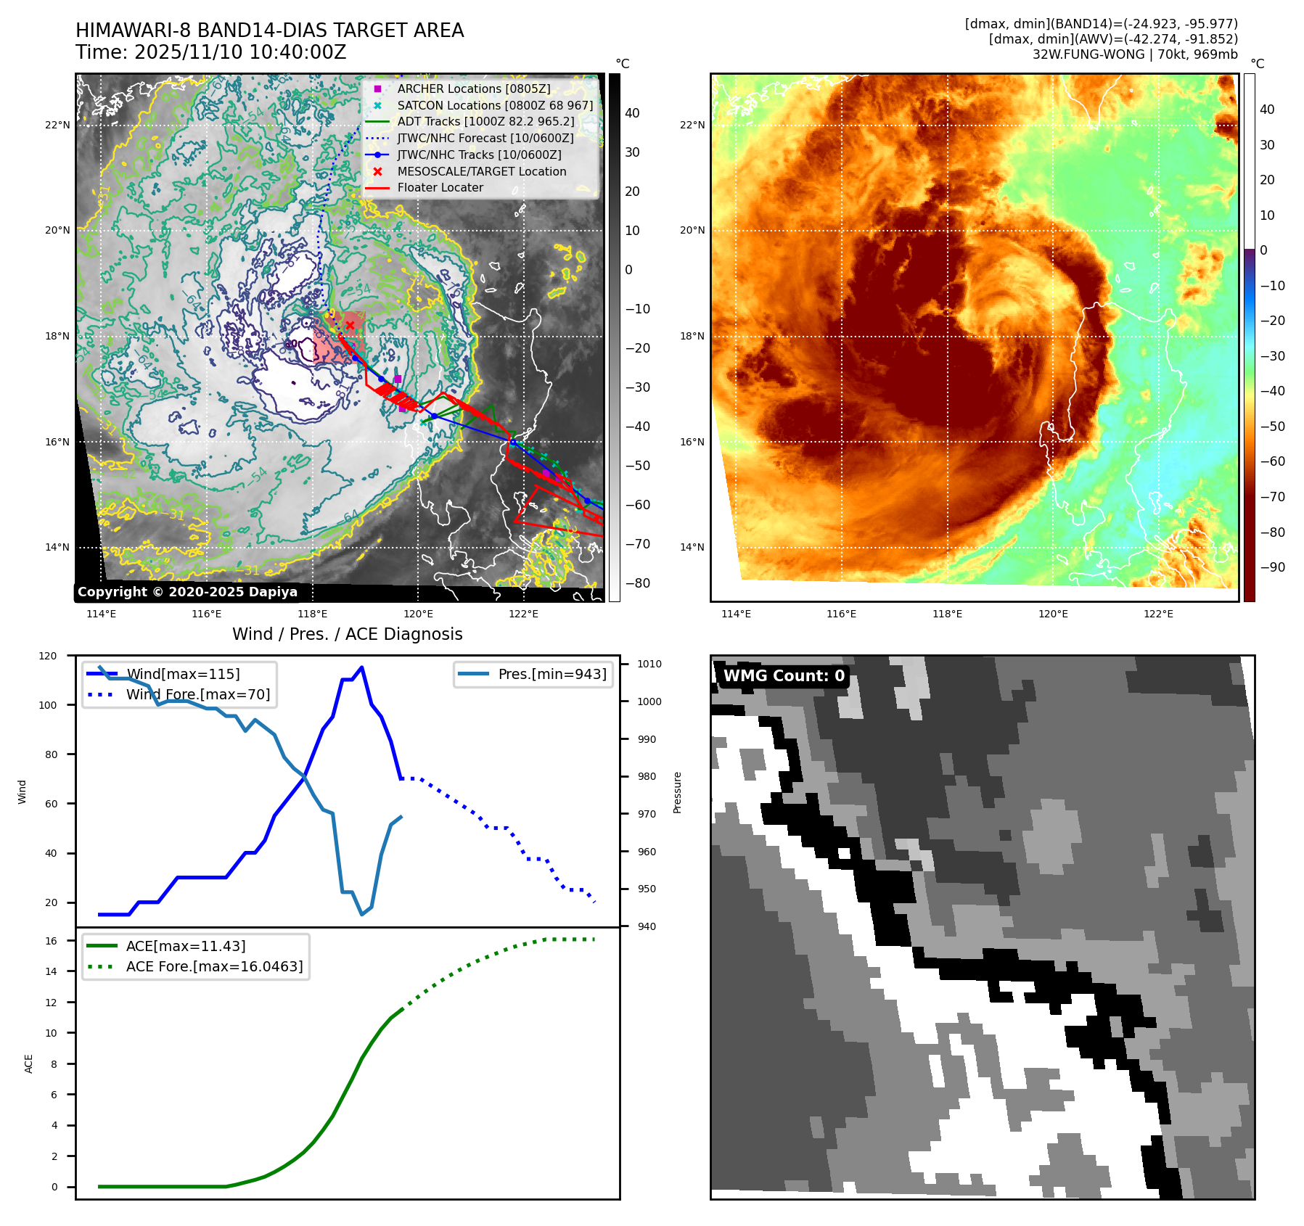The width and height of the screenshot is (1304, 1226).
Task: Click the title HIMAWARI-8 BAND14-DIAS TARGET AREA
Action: coord(269,30)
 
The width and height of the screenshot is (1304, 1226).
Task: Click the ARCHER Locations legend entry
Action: coord(473,89)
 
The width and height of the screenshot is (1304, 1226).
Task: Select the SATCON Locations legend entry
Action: coord(494,105)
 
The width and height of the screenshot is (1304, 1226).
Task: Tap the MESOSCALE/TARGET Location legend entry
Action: coord(481,171)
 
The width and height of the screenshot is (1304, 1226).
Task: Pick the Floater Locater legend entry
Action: coord(440,187)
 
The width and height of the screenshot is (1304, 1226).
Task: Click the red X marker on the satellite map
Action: coord(350,325)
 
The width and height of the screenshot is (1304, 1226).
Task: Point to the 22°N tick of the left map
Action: coord(58,125)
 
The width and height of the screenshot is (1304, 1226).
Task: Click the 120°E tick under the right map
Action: coord(1052,614)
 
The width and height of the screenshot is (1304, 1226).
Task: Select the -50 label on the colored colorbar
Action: coord(1272,426)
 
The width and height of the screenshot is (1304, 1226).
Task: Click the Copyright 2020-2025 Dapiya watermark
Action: coord(187,592)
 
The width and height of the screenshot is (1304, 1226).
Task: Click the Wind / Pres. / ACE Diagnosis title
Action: coord(347,634)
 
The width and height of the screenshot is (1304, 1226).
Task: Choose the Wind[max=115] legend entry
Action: coord(182,674)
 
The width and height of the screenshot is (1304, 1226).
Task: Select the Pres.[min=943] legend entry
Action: coord(551,674)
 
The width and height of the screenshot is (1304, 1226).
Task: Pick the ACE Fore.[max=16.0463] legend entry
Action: coord(214,966)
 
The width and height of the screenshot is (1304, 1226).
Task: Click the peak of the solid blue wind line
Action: coord(361,667)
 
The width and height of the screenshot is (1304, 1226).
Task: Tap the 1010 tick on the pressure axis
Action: coord(649,664)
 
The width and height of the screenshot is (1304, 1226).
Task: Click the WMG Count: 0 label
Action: coord(784,676)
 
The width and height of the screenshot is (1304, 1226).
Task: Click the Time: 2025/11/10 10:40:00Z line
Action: coord(210,52)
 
